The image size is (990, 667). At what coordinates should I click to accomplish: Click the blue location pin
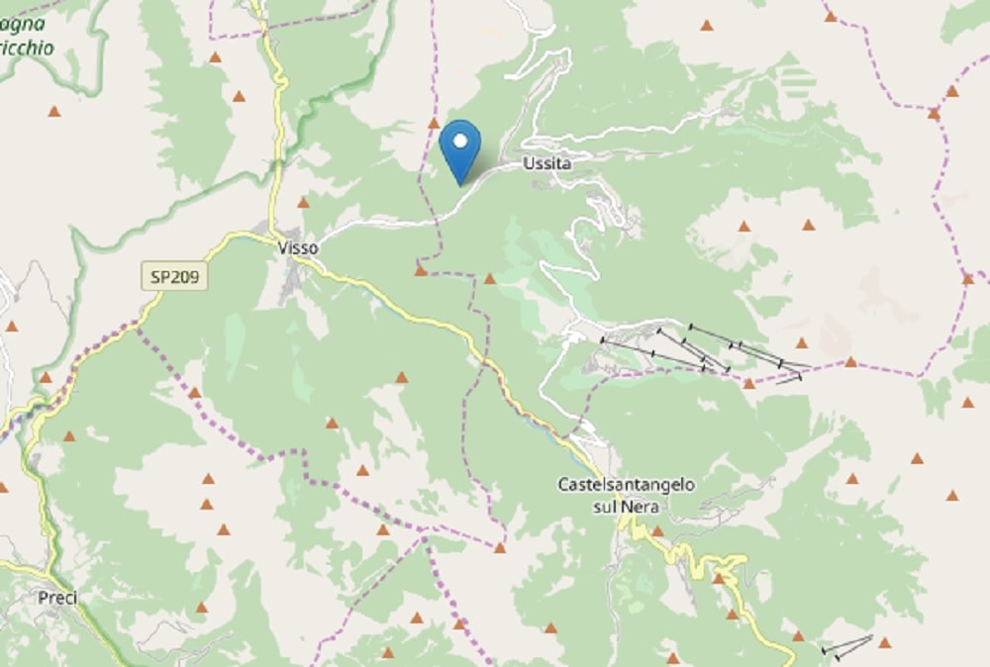459,148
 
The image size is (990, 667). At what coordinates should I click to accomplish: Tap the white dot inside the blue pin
459,141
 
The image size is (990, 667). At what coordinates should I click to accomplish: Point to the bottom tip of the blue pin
459,183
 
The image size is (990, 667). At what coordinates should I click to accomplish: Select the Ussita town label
546,163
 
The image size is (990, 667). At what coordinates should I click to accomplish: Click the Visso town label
298,248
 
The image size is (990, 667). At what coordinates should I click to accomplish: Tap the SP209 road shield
174,276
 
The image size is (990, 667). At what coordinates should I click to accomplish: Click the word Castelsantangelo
626,485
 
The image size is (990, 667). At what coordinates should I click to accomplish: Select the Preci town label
57,598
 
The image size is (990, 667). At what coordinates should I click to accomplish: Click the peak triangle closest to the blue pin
433,124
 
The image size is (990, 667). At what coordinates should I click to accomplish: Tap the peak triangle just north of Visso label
303,203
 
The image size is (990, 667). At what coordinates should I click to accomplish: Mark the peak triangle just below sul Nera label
656,531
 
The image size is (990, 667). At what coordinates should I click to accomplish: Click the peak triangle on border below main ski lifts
748,384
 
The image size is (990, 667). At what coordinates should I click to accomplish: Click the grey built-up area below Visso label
294,282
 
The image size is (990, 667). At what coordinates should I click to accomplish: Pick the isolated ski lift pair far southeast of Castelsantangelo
847,647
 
